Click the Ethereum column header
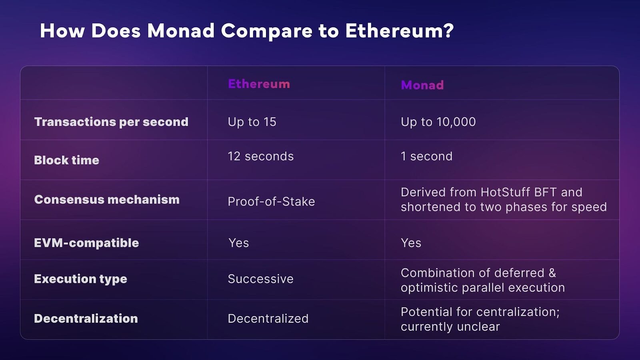259,84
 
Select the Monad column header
422,85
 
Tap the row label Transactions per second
111,122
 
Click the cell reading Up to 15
252,122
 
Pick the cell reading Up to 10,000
438,122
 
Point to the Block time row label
66,160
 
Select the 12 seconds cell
260,156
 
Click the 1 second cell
426,156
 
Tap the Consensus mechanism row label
107,200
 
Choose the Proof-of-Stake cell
272,202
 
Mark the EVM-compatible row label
86,243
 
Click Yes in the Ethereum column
238,243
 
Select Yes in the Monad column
411,243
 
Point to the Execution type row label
80,279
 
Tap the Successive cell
260,279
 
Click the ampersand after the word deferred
552,273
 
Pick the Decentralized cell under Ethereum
268,318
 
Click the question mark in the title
448,30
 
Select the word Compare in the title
266,31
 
